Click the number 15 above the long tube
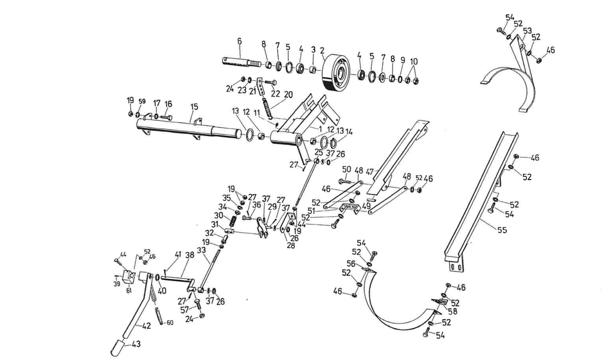click(x=194, y=107)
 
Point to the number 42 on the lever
click(x=146, y=325)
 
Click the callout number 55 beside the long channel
click(x=502, y=230)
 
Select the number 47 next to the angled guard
click(x=370, y=172)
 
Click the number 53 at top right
click(x=527, y=31)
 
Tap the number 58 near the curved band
click(x=453, y=311)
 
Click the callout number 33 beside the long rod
click(x=201, y=250)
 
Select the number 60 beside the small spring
click(x=170, y=323)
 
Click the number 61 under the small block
click(x=129, y=291)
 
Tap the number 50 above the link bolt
click(x=346, y=170)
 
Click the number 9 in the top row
click(x=403, y=60)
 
